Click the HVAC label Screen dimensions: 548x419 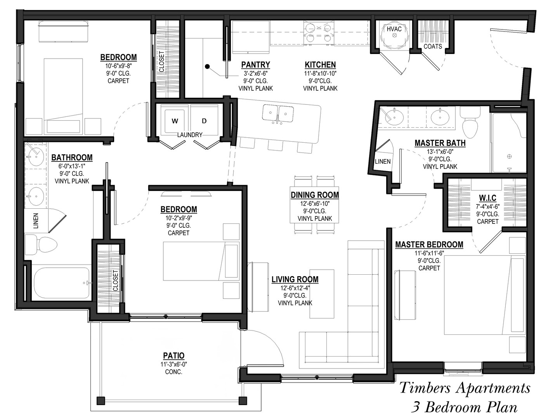[394, 29]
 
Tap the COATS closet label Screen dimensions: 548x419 [433, 47]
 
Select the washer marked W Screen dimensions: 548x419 [175, 121]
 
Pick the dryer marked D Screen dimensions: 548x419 [204, 121]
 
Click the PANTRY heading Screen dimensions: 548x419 [255, 65]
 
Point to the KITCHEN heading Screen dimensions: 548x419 [320, 65]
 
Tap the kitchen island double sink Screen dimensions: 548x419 [278, 114]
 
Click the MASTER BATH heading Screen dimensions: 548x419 [440, 143]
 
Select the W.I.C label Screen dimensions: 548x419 [487, 198]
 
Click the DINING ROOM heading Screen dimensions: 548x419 [315, 195]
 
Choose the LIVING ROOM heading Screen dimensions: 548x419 [295, 279]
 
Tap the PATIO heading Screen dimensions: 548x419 [174, 355]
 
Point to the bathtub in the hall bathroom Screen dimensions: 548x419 [61, 283]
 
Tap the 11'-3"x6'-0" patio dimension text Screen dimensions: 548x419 [174, 364]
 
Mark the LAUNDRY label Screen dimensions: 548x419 [190, 135]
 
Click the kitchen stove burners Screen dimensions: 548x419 [319, 33]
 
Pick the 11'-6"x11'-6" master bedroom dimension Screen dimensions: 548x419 [429, 253]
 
